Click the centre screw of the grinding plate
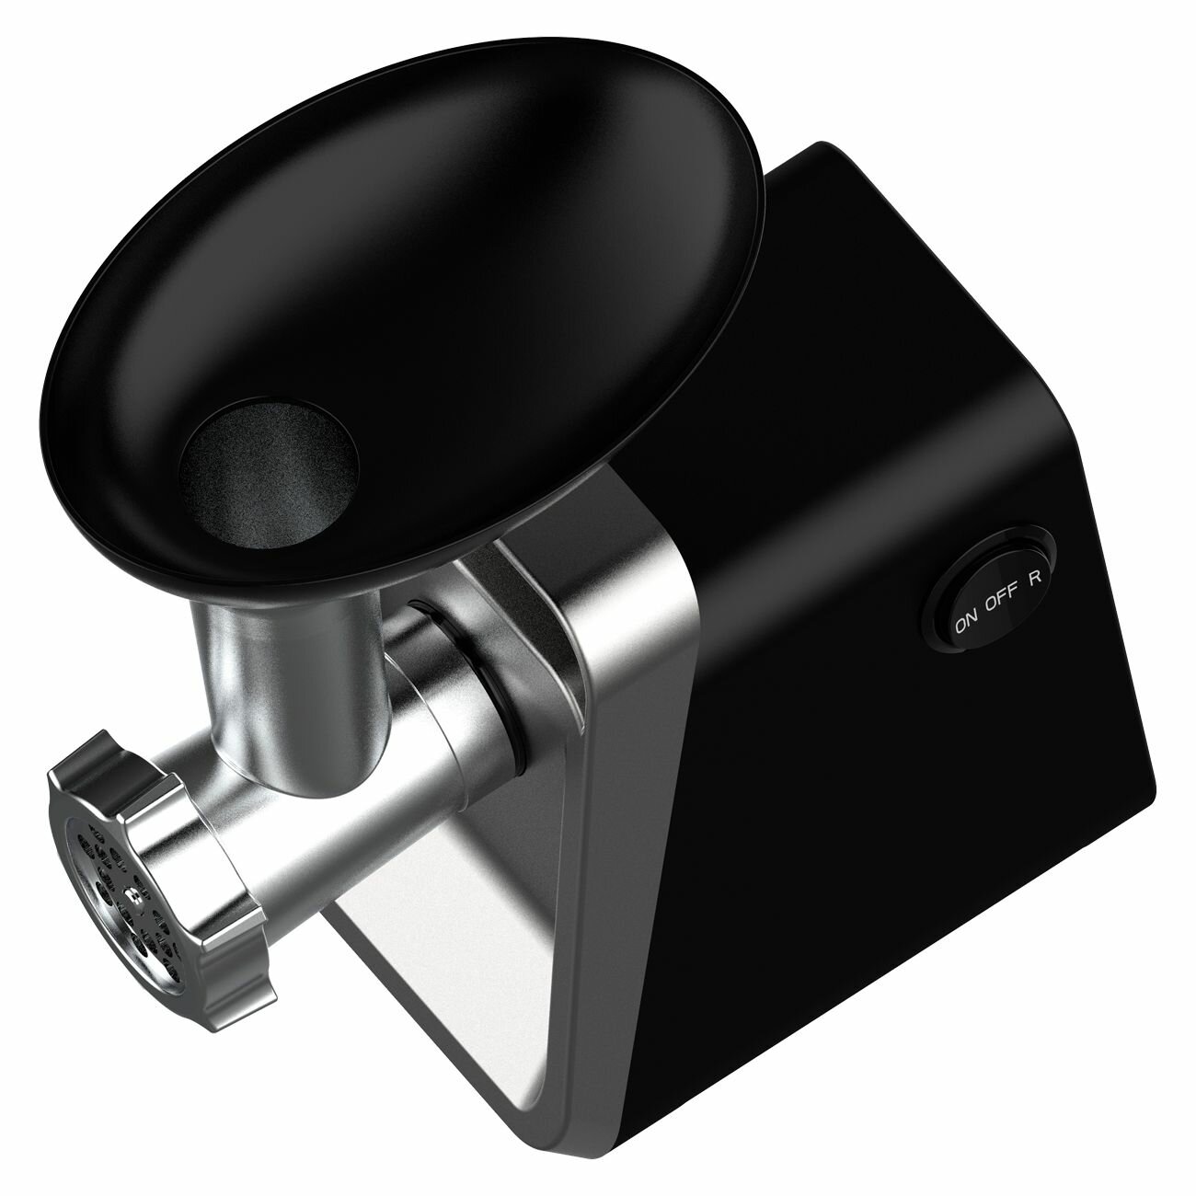[x=132, y=893]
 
